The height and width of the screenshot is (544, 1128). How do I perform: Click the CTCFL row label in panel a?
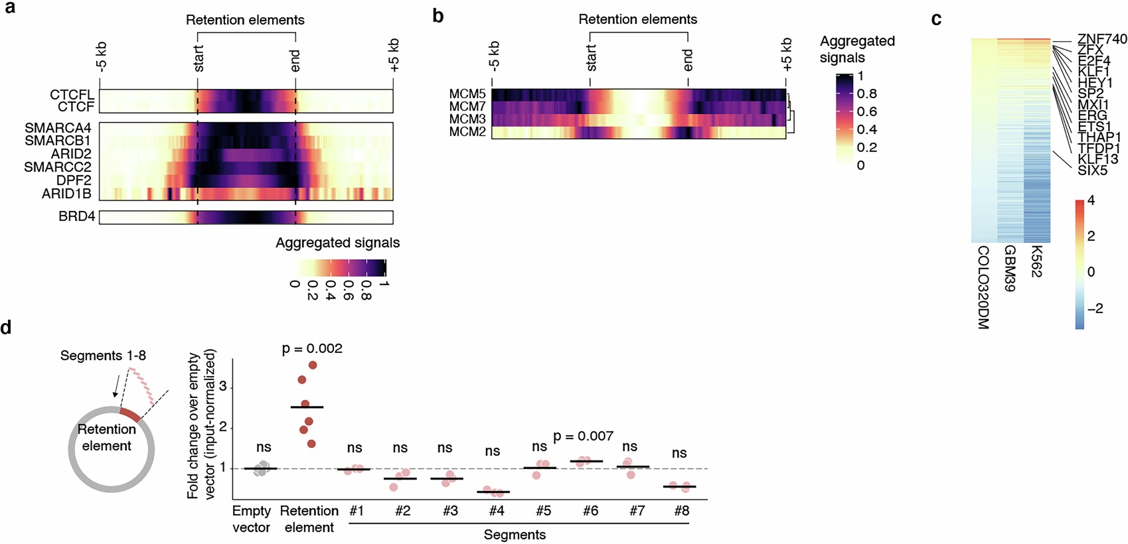click(x=72, y=95)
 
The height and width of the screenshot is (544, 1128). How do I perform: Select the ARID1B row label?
click(x=66, y=194)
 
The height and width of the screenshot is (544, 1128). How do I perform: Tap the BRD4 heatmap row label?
click(x=76, y=216)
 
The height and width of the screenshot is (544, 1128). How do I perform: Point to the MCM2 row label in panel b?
click(x=467, y=131)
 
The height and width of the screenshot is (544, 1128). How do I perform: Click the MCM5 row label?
click(x=467, y=94)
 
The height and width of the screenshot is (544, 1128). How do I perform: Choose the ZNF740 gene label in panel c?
click(x=1101, y=39)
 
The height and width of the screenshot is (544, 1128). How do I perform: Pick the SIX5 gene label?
click(x=1092, y=170)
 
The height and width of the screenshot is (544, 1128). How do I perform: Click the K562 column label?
click(x=1036, y=261)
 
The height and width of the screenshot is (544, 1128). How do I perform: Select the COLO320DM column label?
click(x=983, y=287)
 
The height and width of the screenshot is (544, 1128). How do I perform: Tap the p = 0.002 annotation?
click(x=312, y=348)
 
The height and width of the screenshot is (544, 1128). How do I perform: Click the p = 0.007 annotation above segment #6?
click(x=583, y=436)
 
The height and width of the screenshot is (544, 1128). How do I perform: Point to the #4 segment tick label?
click(x=496, y=511)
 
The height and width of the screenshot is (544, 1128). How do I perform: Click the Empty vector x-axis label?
click(x=251, y=519)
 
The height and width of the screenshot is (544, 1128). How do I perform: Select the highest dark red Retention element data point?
click(x=313, y=365)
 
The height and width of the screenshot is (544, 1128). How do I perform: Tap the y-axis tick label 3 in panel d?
click(x=223, y=386)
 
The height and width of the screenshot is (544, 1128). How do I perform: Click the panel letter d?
click(x=7, y=328)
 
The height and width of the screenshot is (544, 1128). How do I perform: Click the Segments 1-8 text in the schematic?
click(x=103, y=356)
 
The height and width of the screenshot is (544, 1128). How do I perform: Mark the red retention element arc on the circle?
click(x=129, y=415)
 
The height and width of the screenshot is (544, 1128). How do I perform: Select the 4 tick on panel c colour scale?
click(x=1091, y=200)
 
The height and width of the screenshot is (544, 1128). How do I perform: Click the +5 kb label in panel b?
click(x=786, y=54)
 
